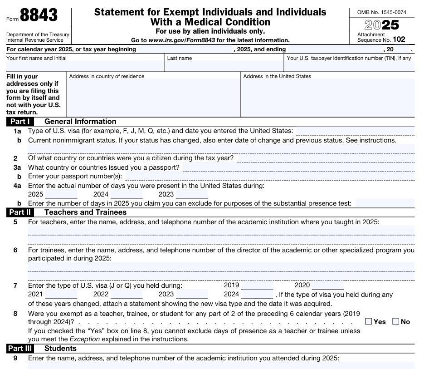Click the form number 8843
click(39, 16)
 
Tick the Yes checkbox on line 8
click(369, 322)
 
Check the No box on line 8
click(395, 322)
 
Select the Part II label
click(20, 212)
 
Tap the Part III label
click(20, 349)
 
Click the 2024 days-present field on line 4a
click(127, 194)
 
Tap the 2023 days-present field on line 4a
click(192, 194)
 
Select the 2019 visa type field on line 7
click(257, 285)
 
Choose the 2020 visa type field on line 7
click(328, 285)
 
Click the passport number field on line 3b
click(270, 176)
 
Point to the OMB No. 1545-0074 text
click(382, 11)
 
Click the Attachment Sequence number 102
click(399, 39)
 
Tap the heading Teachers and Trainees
click(85, 212)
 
